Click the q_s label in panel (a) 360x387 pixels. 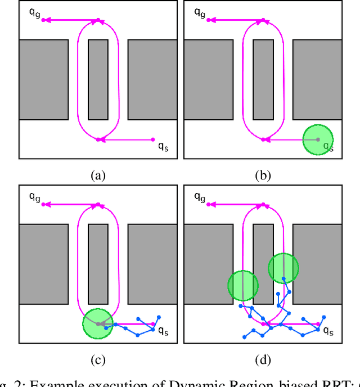click(x=162, y=147)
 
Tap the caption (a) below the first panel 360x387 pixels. click(x=98, y=176)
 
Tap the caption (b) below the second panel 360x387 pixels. click(x=262, y=176)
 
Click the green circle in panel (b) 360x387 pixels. click(x=318, y=139)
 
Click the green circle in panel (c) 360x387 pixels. click(x=98, y=324)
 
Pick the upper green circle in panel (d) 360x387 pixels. click(x=283, y=268)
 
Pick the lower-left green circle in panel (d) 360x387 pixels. click(x=243, y=286)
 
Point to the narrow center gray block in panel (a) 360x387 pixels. click(x=98, y=79)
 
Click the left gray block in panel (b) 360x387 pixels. click(x=208, y=79)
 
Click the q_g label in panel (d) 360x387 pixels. click(x=199, y=196)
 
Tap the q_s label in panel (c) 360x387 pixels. click(x=162, y=331)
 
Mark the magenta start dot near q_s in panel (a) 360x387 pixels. click(x=153, y=139)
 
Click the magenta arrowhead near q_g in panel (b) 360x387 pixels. click(x=209, y=20)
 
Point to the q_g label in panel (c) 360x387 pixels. click(x=34, y=196)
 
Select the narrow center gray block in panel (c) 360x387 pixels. click(x=98, y=264)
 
